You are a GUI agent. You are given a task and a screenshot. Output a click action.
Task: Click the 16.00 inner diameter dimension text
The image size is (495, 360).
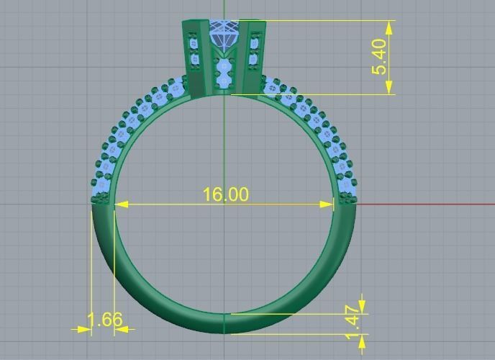click(x=225, y=194)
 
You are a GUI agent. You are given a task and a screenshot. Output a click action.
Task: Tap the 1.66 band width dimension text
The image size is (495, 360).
click(x=104, y=319)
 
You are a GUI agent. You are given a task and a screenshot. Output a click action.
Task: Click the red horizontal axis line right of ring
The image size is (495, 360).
click(x=424, y=204)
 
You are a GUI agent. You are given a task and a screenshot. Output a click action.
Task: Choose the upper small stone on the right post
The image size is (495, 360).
click(x=253, y=44)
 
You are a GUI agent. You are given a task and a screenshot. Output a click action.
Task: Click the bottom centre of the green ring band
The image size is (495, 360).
click(x=224, y=323)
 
